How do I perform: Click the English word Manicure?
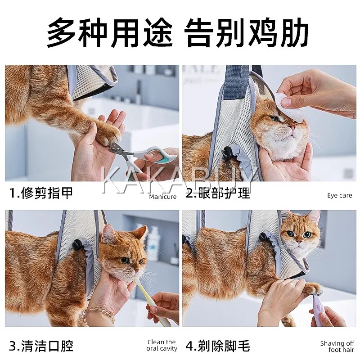point(162,197)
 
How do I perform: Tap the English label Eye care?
point(340,196)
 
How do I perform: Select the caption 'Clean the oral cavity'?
point(162,345)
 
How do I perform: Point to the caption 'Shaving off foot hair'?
point(337,346)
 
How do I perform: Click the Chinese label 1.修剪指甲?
point(41,193)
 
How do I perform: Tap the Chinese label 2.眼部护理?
point(218,193)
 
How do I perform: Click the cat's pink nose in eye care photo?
point(292,126)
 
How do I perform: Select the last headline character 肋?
point(294,32)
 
